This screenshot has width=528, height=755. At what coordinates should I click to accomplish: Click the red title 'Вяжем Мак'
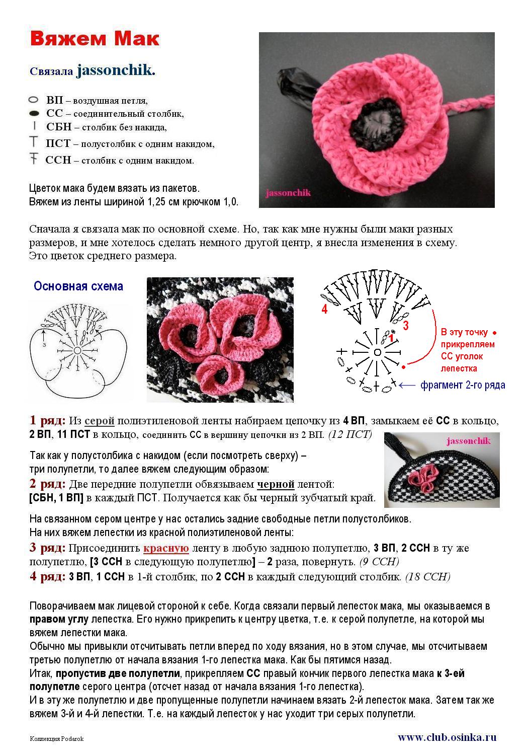[95, 39]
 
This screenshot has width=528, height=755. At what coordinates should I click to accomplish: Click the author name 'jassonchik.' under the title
[116, 70]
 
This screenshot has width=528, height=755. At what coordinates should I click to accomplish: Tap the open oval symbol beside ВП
[34, 100]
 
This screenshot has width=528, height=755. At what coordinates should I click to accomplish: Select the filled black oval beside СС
[34, 114]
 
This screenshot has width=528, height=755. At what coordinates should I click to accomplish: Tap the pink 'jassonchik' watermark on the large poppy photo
[288, 192]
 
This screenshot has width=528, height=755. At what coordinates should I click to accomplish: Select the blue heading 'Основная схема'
[78, 286]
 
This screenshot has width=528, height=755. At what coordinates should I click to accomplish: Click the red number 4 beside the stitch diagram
[324, 310]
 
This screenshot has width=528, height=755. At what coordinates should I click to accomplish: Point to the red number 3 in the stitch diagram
[405, 325]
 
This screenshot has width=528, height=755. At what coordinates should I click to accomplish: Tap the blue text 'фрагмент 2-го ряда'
[463, 385]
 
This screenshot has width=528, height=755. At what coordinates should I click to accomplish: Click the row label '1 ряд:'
[47, 420]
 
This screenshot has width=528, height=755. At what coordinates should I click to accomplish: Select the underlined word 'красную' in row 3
[166, 548]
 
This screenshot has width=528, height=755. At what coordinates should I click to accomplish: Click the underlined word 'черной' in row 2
[276, 484]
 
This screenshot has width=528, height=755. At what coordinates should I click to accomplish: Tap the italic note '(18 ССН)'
[428, 577]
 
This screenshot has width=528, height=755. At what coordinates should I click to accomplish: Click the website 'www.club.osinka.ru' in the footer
[447, 737]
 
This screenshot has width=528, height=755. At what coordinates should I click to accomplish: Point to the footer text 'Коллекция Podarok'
[57, 738]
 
